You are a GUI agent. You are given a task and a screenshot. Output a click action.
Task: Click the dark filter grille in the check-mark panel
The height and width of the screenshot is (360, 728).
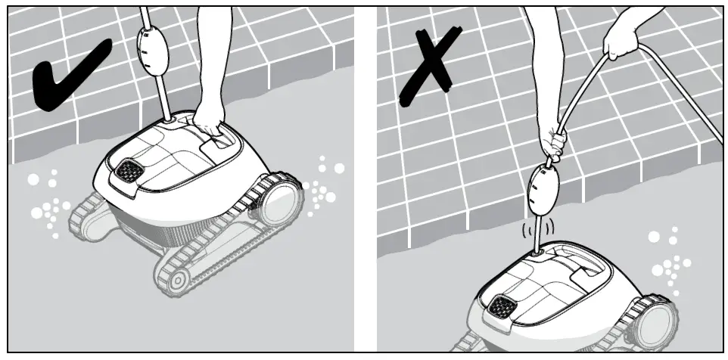click(126, 169)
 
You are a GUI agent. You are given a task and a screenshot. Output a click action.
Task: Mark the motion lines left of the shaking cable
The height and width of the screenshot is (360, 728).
click(524, 227)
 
